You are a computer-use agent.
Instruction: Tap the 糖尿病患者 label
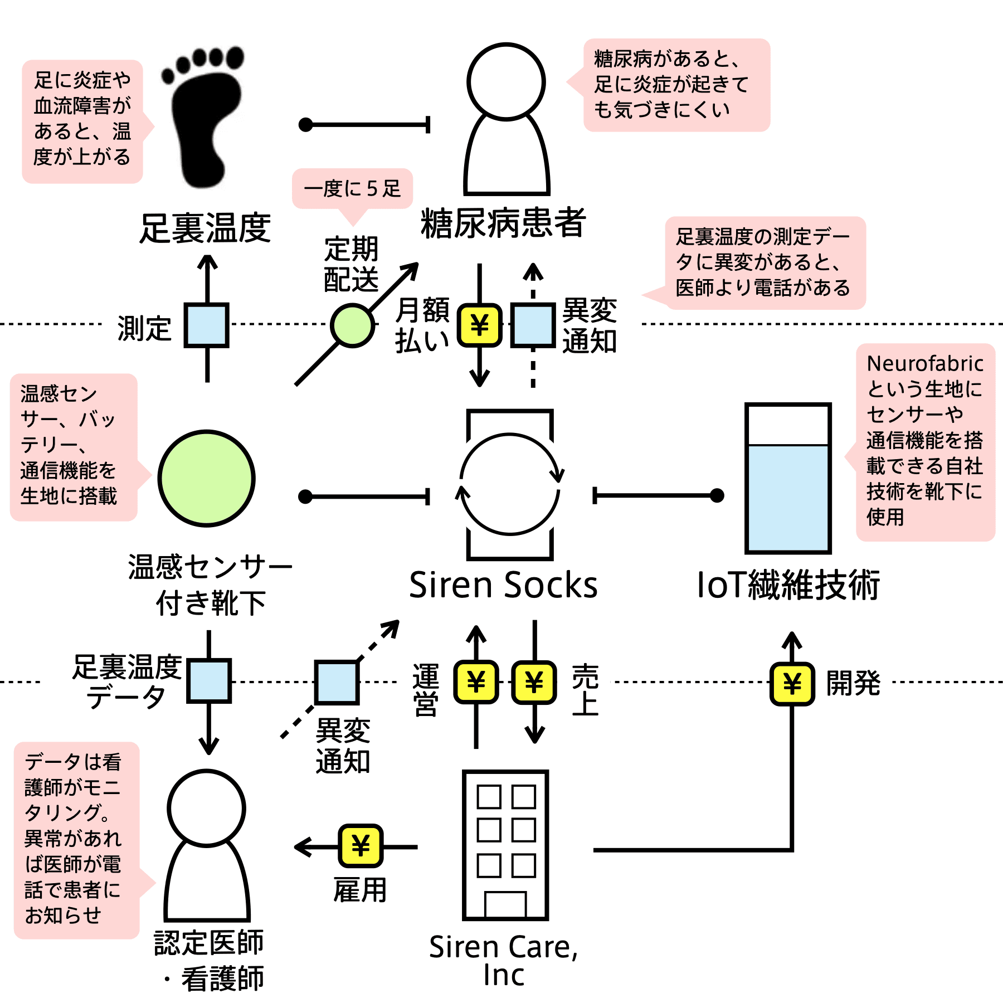(x=504, y=223)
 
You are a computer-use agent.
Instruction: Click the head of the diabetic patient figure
(x=506, y=81)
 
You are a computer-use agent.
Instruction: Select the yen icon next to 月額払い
(x=480, y=325)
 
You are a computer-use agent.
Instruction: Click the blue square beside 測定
(x=207, y=325)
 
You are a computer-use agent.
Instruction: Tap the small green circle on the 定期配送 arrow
(x=352, y=325)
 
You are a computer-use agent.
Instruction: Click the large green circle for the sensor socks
(x=207, y=478)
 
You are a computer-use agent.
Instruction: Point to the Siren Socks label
(x=503, y=585)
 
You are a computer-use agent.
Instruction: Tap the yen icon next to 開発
(x=792, y=684)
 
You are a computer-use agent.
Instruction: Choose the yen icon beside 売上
(x=534, y=682)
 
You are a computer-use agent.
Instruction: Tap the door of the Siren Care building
(x=505, y=904)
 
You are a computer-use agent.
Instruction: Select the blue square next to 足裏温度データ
(x=209, y=681)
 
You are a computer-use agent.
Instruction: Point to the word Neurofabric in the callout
(x=925, y=363)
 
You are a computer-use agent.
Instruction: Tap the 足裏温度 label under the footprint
(x=205, y=228)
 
